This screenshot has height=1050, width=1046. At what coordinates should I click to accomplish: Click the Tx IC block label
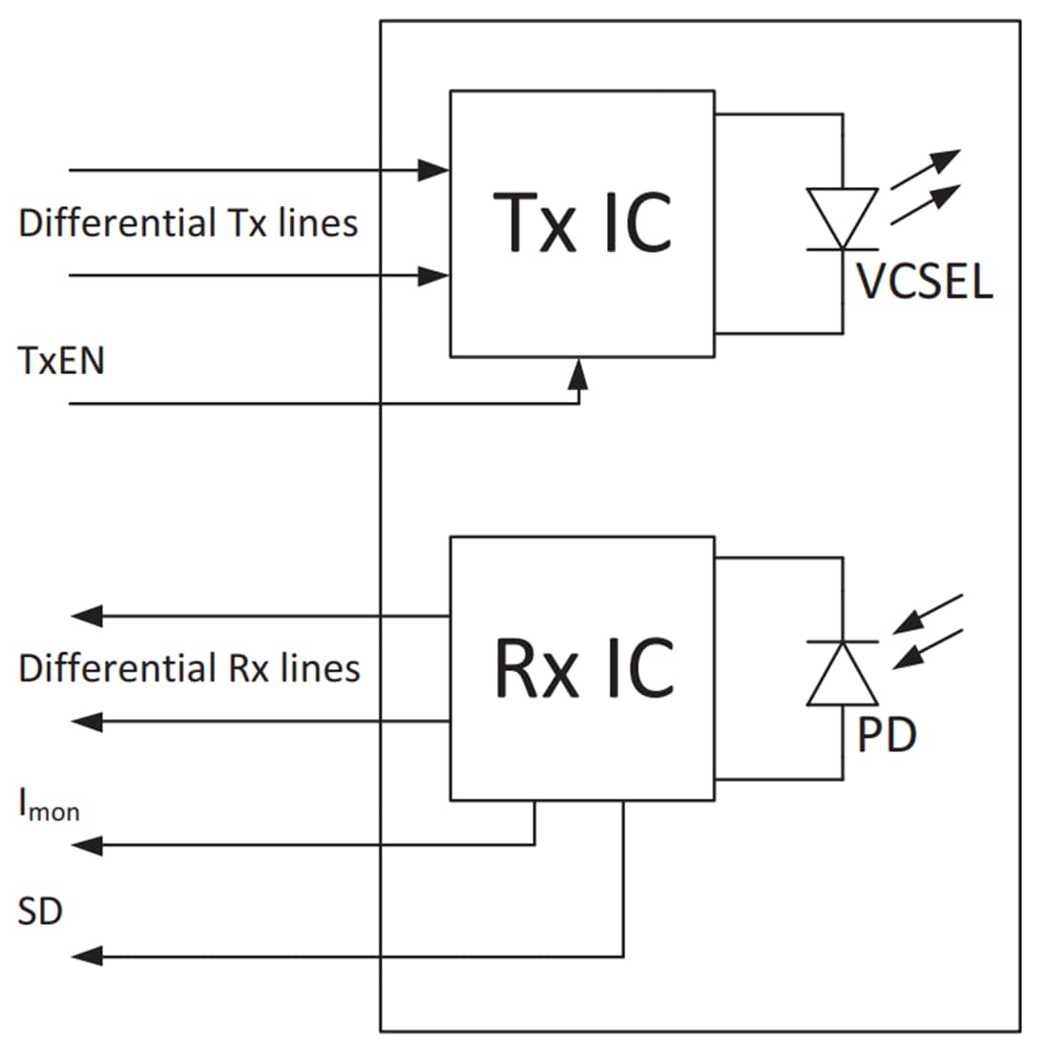(582, 222)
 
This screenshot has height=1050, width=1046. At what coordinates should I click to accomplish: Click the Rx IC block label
(583, 667)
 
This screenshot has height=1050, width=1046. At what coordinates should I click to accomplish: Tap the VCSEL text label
(924, 282)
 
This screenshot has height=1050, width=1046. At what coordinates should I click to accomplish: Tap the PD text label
(887, 735)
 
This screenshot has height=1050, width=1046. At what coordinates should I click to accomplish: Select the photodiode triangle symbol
(842, 674)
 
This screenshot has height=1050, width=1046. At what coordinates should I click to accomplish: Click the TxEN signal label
(61, 362)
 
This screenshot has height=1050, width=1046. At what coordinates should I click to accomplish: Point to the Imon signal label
(48, 806)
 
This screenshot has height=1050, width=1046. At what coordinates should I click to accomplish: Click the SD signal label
(40, 912)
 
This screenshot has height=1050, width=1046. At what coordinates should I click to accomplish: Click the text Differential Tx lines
(188, 223)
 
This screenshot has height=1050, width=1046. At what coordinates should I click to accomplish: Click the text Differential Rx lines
(189, 668)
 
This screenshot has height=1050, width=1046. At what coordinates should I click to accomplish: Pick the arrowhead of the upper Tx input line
(435, 171)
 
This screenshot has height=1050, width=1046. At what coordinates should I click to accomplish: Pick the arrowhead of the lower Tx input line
(435, 277)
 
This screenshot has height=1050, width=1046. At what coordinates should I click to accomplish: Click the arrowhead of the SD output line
(87, 955)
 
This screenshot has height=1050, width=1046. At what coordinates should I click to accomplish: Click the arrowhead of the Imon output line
(87, 845)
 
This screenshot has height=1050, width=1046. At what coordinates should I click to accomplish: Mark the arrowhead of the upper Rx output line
(87, 617)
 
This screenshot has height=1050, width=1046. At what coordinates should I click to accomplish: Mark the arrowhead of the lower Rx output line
(87, 722)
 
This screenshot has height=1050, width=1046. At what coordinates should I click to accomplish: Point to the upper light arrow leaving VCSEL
(926, 169)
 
